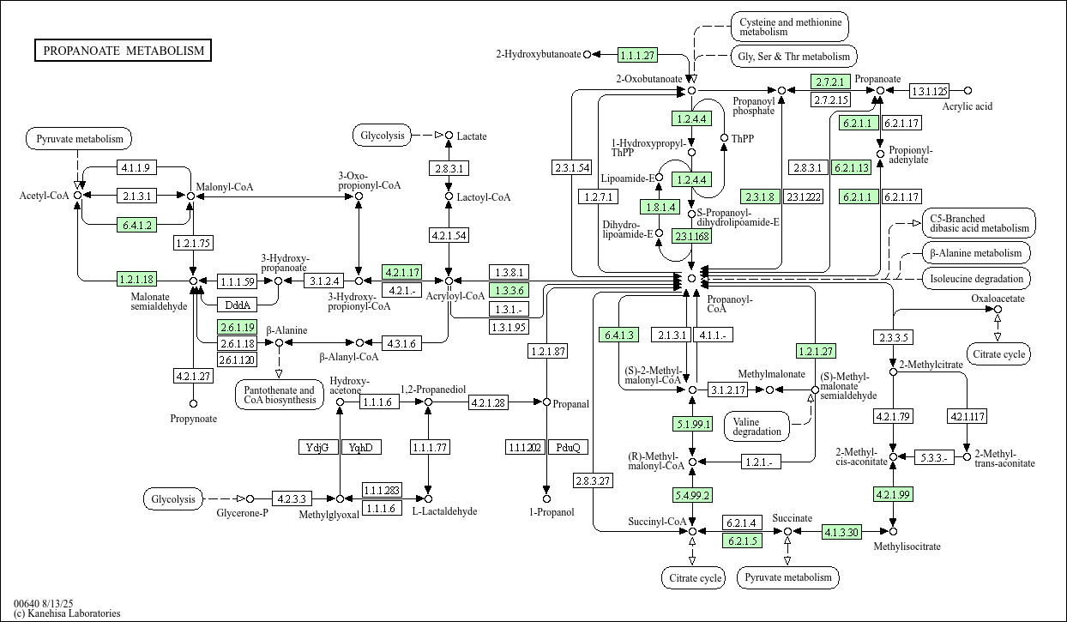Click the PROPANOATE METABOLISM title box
[124, 51]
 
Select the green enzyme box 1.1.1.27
[637, 55]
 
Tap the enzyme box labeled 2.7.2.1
[829, 82]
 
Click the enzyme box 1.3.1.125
[929, 91]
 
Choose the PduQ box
[568, 447]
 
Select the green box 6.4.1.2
[136, 225]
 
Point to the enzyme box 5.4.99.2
[692, 494]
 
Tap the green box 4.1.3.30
[841, 532]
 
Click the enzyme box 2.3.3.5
[894, 337]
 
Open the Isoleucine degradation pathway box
[976, 279]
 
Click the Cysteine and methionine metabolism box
[790, 26]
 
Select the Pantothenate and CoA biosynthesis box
[279, 396]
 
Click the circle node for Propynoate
[194, 403]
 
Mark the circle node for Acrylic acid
[968, 91]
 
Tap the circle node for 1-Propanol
[546, 498]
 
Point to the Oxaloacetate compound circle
[998, 309]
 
